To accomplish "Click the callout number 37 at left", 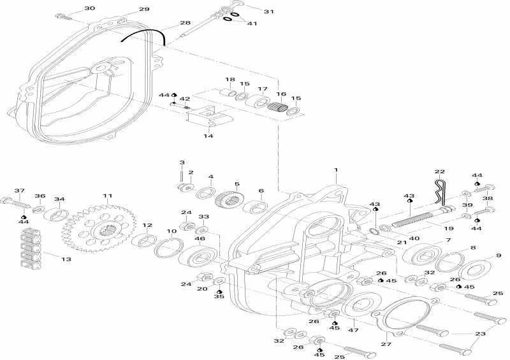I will point(19,191).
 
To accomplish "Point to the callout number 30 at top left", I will point(89,8).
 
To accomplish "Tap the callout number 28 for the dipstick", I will point(185,23).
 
